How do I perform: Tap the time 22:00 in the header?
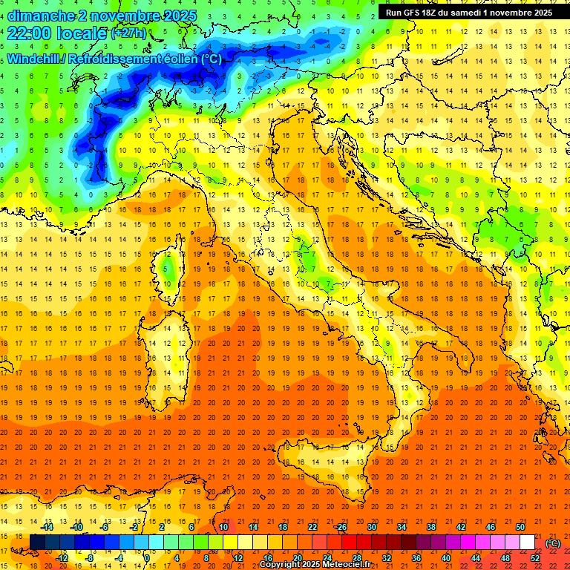tap(31, 33)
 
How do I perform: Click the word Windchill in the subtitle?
tap(35, 59)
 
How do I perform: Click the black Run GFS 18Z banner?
tap(468, 12)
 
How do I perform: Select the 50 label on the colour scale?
tap(520, 527)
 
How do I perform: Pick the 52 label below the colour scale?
tap(535, 557)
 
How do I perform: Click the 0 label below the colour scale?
tap(147, 557)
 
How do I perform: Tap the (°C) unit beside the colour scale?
tap(552, 543)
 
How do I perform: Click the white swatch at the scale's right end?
tap(527, 542)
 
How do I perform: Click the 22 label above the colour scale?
tap(312, 527)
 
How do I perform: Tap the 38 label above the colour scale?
tap(431, 527)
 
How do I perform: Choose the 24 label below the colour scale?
tap(327, 557)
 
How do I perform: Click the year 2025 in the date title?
tap(178, 15)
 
